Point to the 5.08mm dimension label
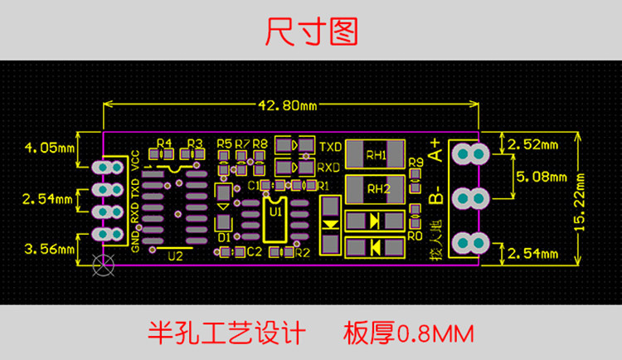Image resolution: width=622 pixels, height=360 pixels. click(x=542, y=177)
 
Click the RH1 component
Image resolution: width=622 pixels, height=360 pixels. click(x=376, y=154)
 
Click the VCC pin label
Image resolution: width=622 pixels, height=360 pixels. click(x=136, y=159)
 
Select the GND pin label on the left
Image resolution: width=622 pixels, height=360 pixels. click(x=136, y=241)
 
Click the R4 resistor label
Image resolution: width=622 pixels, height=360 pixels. click(x=163, y=144)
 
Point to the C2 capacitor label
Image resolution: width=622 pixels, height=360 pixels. click(x=255, y=251)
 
